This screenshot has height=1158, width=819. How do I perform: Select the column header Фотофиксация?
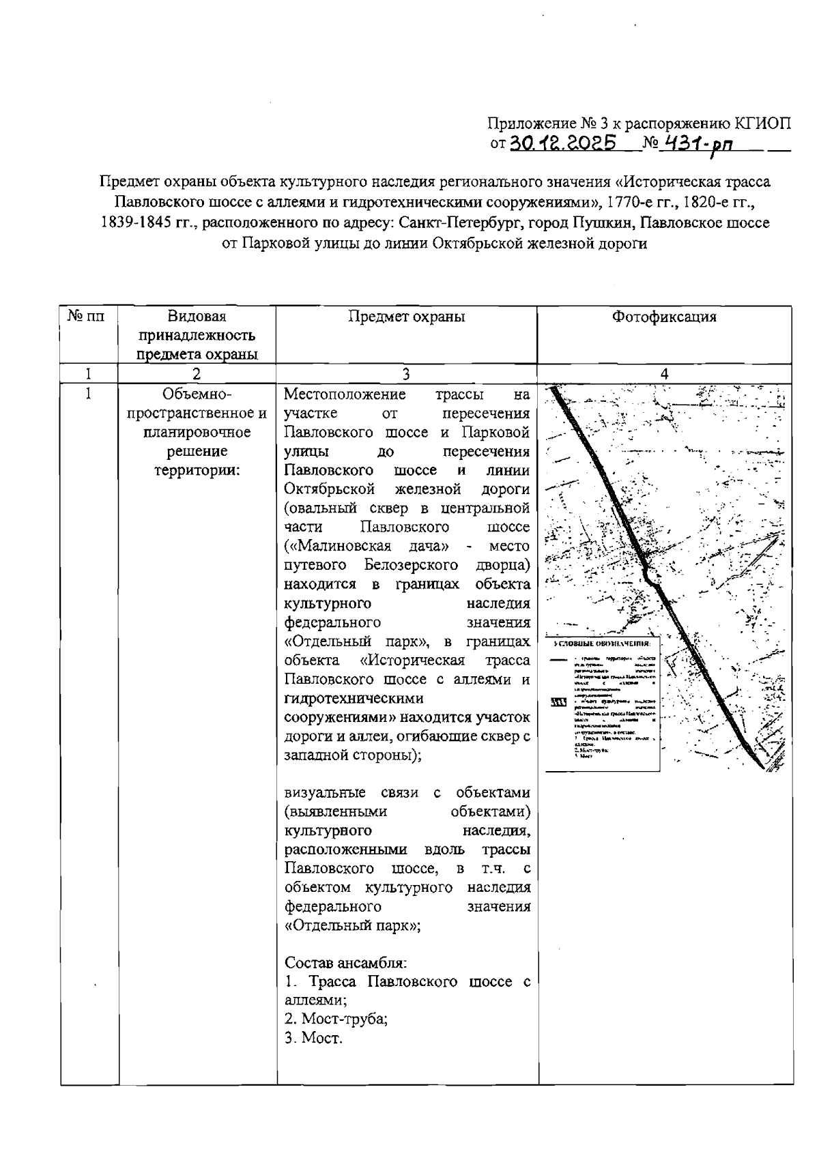[664, 317]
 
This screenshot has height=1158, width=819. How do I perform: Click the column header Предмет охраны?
[406, 317]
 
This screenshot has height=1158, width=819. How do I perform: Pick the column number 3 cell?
[406, 373]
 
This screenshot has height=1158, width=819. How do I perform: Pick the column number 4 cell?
[664, 373]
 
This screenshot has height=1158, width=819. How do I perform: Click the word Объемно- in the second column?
[197, 394]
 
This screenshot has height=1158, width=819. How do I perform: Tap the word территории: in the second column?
[197, 470]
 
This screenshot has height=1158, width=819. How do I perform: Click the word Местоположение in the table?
[345, 394]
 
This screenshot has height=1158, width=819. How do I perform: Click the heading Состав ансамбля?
[345, 963]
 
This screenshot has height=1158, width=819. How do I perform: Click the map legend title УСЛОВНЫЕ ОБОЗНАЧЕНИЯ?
[603, 643]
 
